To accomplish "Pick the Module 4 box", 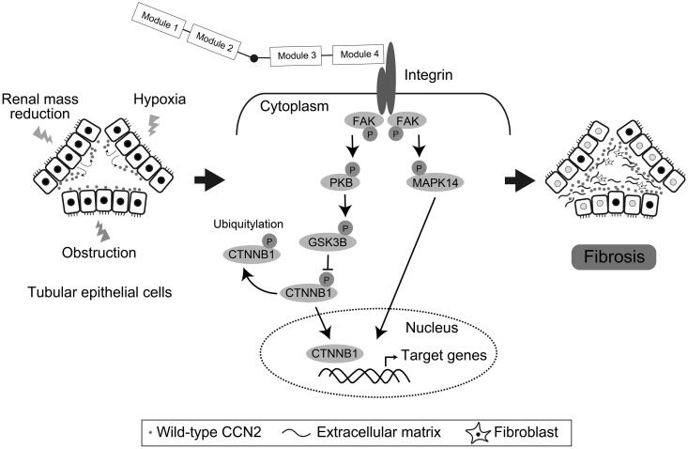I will (359, 54).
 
